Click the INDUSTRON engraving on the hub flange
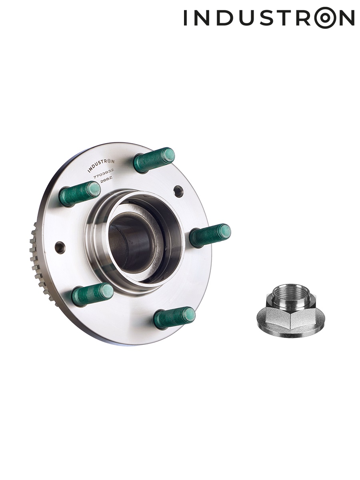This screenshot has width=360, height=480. coord(101,166)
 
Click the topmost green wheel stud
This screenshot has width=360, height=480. coord(154,160)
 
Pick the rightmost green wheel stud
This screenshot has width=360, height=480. coord(210,235)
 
